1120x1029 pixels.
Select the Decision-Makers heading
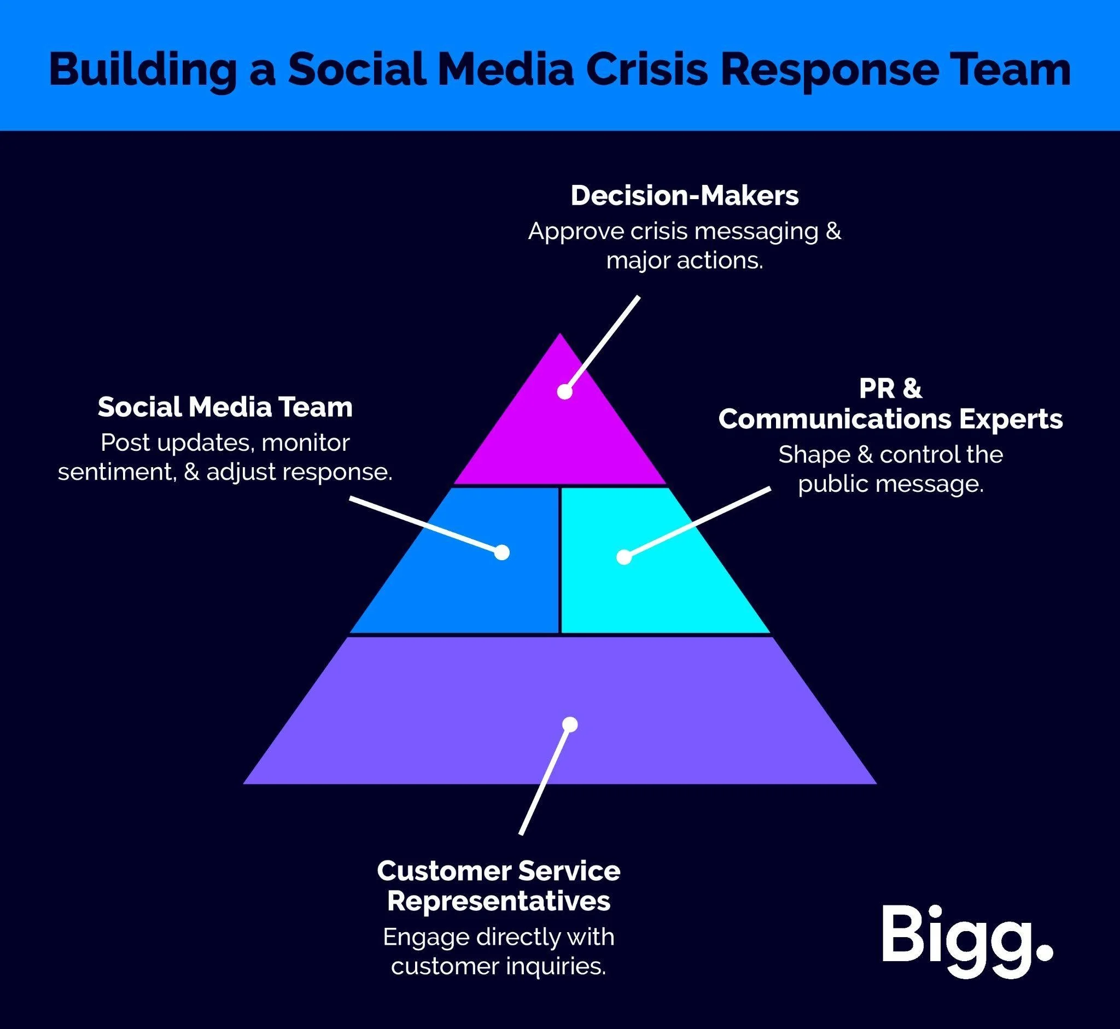pyautogui.click(x=684, y=195)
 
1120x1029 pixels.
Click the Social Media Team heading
pyautogui.click(x=225, y=407)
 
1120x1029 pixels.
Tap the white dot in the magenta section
pyautogui.click(x=564, y=392)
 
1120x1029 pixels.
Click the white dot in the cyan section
pyautogui.click(x=624, y=557)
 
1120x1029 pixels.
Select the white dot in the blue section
pyautogui.click(x=501, y=552)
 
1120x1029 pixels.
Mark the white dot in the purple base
pyautogui.click(x=569, y=724)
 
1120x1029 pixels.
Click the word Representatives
pyautogui.click(x=498, y=902)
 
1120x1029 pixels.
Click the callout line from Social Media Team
pyautogui.click(x=423, y=524)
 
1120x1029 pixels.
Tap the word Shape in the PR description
pyautogui.click(x=813, y=455)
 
